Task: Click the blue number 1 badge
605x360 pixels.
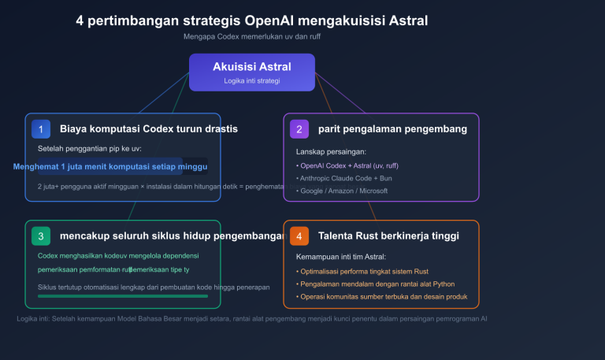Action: coord(41,128)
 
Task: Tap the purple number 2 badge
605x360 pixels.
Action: coord(299,128)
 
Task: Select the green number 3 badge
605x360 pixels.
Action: coord(41,236)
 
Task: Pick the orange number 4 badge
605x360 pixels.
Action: coord(299,236)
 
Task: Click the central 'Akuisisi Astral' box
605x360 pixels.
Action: coord(252,72)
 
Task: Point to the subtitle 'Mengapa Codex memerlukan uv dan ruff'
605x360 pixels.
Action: coord(252,36)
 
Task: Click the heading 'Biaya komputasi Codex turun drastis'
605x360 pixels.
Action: coord(149,128)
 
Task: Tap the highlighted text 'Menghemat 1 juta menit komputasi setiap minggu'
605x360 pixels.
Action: coord(110,167)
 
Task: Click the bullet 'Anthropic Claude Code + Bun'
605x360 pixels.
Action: coord(344,178)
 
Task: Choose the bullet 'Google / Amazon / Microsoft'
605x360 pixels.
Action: coord(343,191)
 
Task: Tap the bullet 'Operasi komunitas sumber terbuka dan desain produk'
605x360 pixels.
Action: coord(383,297)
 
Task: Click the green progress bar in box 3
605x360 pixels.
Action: coord(123,296)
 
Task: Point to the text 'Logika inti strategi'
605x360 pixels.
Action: coord(252,80)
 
